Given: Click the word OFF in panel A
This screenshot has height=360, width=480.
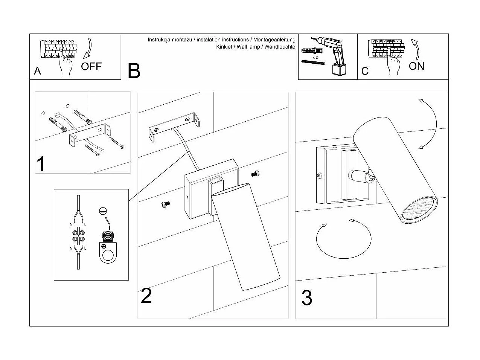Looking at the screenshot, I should tap(91, 67).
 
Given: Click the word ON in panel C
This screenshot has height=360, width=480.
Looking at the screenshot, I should tap(416, 66).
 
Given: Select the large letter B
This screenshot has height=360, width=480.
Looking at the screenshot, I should tap(134, 71).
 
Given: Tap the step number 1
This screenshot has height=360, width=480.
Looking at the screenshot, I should tap(41, 164).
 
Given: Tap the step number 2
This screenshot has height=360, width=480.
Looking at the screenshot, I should tap(146, 296).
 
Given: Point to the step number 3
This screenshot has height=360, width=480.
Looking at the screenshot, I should tap(307, 298).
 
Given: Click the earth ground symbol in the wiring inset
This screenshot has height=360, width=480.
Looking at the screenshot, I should tap(102, 211).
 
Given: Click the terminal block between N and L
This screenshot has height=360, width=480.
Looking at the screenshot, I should tap(78, 236).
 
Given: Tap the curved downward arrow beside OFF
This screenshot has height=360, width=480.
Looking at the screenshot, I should tap(89, 48).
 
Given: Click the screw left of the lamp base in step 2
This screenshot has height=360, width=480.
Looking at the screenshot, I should tap(165, 204).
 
